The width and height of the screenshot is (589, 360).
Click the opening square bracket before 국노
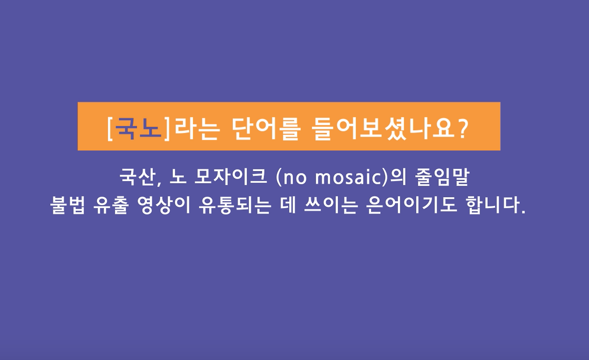[x=110, y=129]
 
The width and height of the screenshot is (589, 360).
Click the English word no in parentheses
[x=294, y=178]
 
